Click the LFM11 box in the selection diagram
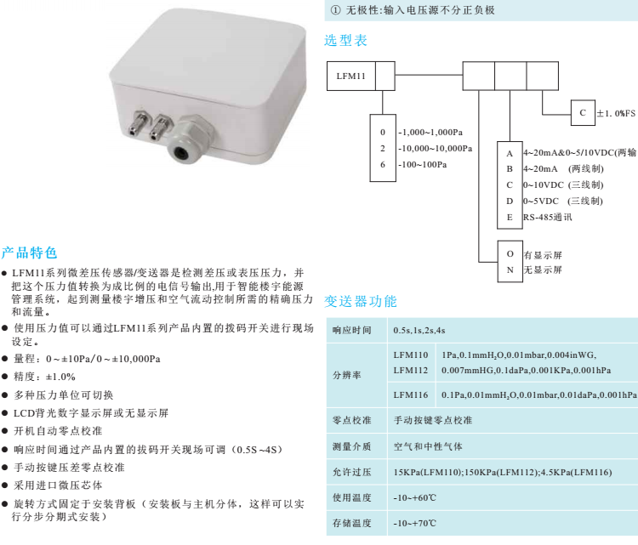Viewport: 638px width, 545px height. coord(350,76)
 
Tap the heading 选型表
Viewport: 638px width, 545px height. coord(348,40)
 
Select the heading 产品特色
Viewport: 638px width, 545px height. coord(29,253)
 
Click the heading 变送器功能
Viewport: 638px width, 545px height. coord(361,301)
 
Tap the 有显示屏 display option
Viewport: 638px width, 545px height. coord(544,255)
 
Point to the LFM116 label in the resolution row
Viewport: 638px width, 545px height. coord(411,395)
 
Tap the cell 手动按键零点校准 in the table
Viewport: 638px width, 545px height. coord(433,420)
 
